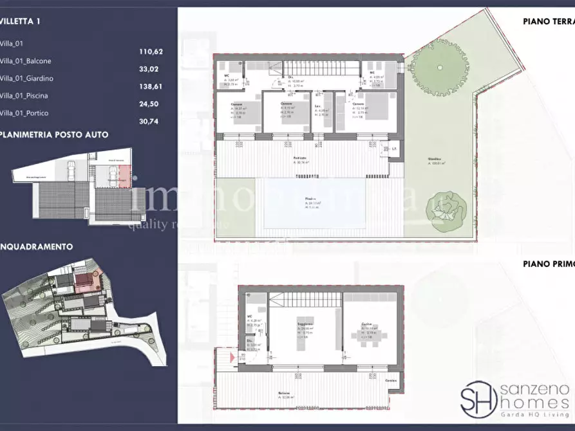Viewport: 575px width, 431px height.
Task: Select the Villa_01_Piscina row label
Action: [x=25, y=96]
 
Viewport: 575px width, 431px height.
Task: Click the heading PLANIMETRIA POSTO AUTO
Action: [x=54, y=134]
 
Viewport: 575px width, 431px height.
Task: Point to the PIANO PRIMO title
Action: [x=547, y=262]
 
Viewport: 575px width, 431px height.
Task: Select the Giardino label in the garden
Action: [x=436, y=161]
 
